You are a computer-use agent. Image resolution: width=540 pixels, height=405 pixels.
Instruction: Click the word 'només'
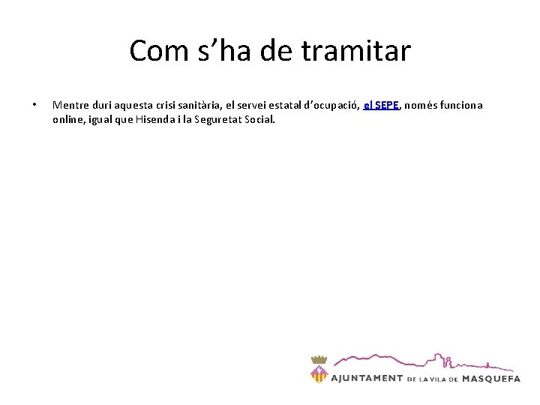point(424,106)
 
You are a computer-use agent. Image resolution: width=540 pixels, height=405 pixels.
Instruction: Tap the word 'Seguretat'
point(220,119)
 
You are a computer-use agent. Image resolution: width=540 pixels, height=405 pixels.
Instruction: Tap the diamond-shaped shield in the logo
point(319,373)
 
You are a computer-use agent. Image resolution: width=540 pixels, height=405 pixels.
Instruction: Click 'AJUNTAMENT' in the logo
point(367,379)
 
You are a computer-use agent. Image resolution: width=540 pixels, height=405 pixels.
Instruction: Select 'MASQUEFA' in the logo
point(491,379)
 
